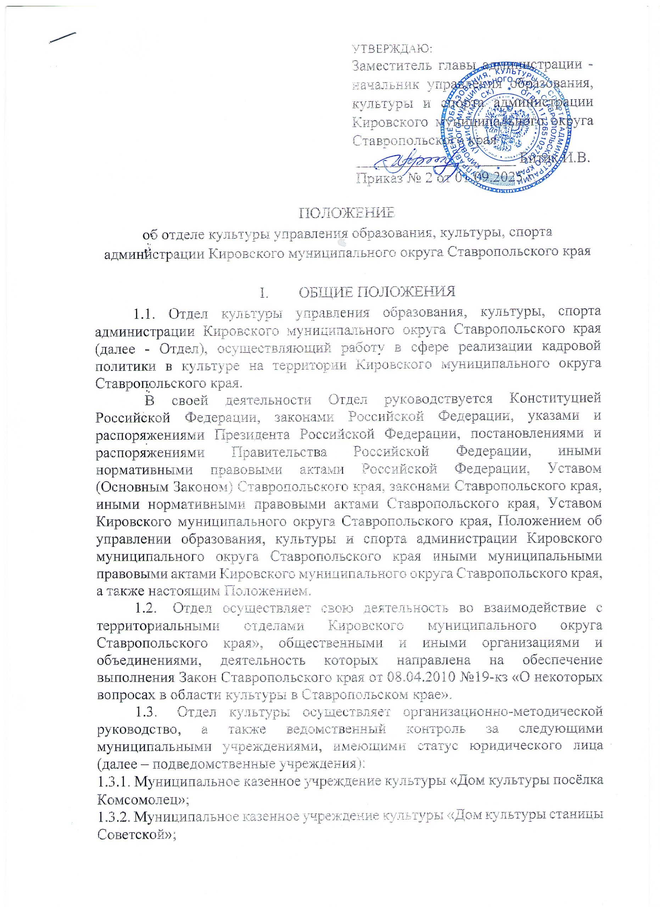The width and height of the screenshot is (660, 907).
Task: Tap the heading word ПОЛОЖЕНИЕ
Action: [x=347, y=212]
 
